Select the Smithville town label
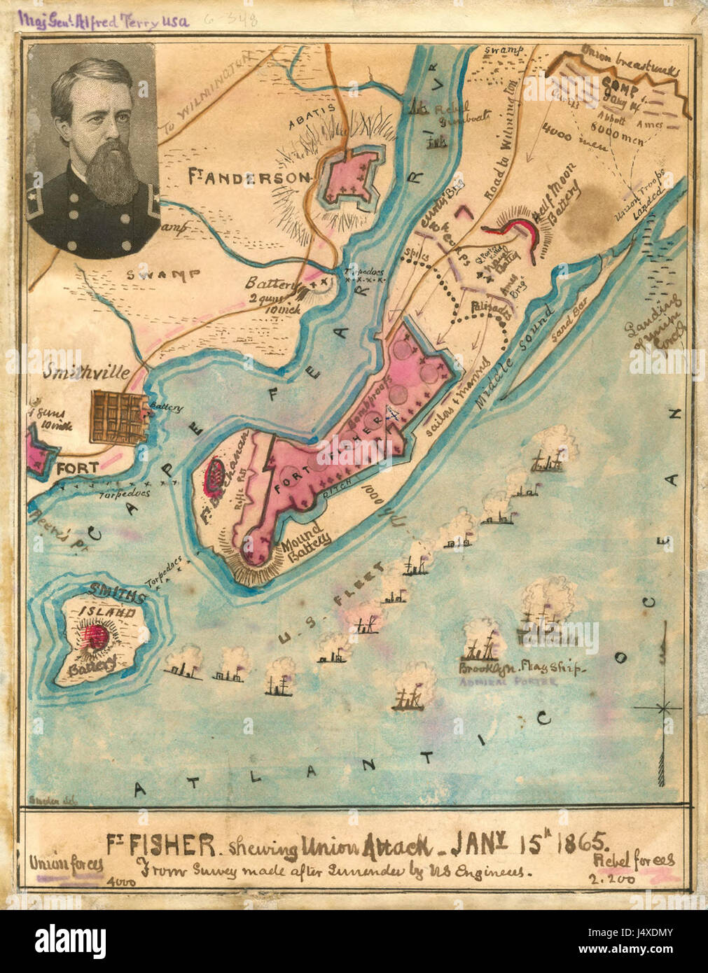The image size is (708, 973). coord(85,373)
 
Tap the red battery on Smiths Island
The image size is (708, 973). coord(95,636)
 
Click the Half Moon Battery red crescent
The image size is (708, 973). coord(518,231)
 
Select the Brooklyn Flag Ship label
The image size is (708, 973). coord(520,668)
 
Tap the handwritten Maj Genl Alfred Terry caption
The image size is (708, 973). coord(105,21)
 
